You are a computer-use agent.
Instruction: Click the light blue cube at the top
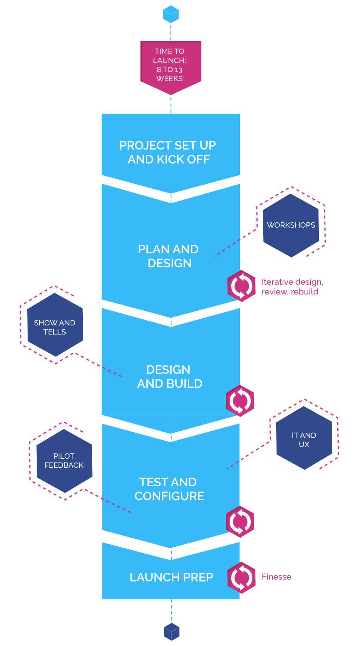[171, 14]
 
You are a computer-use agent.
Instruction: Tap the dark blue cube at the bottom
[172, 632]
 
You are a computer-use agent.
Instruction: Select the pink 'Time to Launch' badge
[171, 66]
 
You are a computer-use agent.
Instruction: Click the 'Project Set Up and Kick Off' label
[168, 152]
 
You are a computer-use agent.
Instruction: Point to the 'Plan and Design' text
[168, 256]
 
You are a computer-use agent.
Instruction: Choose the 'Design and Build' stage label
[169, 376]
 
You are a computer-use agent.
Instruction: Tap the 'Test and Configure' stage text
[169, 489]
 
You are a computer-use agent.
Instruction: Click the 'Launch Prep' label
[172, 577]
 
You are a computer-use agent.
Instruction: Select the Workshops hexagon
[291, 225]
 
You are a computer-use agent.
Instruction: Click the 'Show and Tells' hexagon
[55, 327]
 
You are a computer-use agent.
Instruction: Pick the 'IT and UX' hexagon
[304, 439]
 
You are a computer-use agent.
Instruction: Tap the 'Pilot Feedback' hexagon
[64, 460]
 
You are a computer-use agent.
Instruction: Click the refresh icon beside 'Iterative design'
[242, 286]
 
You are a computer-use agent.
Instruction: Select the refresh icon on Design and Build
[240, 401]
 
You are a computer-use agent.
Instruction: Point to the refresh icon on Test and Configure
[240, 521]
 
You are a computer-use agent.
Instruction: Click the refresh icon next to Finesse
[242, 577]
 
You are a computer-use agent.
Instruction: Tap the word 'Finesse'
[277, 577]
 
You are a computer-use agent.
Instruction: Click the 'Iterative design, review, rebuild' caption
[292, 287]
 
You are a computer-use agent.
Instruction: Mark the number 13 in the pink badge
[178, 70]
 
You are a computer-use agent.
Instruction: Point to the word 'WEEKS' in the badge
[170, 79]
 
